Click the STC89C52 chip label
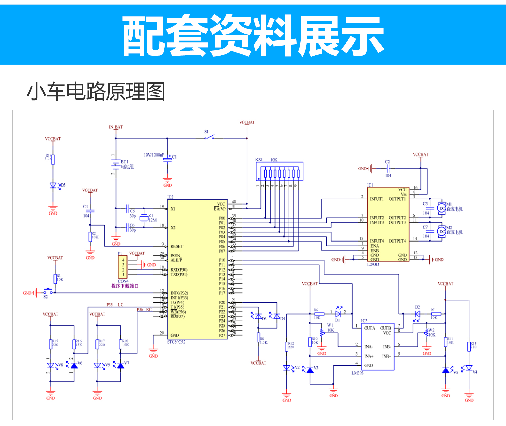(x=176, y=342)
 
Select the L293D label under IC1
(x=373, y=264)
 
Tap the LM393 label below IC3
(x=357, y=373)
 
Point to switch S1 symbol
(x=209, y=137)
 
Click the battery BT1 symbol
(x=116, y=164)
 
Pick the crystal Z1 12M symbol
(x=144, y=218)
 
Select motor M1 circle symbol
(x=442, y=208)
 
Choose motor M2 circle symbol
(x=442, y=231)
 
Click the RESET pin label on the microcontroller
(x=177, y=246)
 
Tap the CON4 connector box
(x=123, y=267)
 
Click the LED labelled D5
(x=53, y=185)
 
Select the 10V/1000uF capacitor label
(x=154, y=155)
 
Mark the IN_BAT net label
(x=116, y=127)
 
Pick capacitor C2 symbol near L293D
(x=388, y=168)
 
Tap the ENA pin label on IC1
(x=374, y=246)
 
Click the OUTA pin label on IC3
(x=370, y=328)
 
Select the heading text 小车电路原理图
(x=96, y=91)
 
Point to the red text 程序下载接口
(x=125, y=286)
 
